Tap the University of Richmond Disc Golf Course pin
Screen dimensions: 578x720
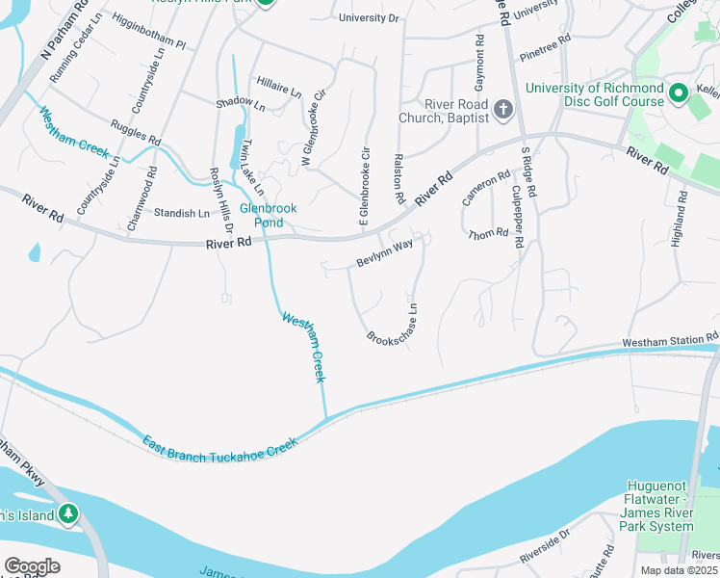(x=679, y=94)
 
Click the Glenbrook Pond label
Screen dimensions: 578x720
(x=268, y=215)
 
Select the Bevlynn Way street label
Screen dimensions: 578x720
(x=384, y=252)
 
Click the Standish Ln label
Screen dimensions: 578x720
(x=182, y=213)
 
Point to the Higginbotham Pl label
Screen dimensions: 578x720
(x=147, y=31)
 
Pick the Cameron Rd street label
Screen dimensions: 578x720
(x=486, y=187)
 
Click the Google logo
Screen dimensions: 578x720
(x=33, y=566)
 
